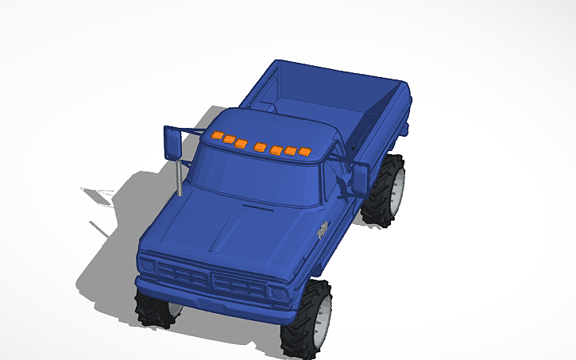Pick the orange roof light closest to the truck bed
coord(304,152)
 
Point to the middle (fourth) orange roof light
coord(261,146)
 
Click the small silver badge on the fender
coord(323,230)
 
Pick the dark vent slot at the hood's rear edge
coord(256,207)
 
